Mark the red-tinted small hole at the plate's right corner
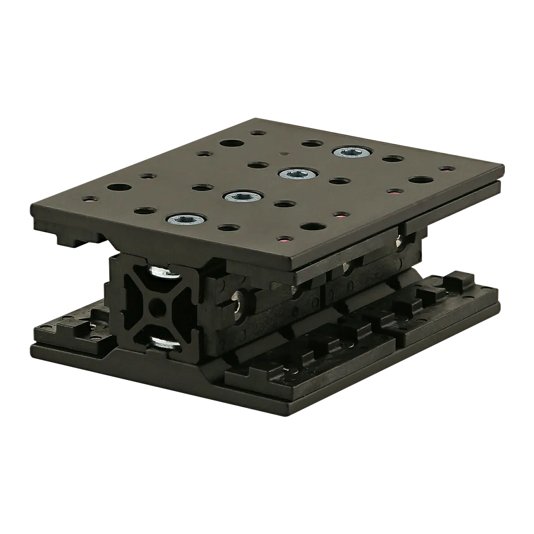click(442, 170)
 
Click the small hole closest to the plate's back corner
click(256, 133)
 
